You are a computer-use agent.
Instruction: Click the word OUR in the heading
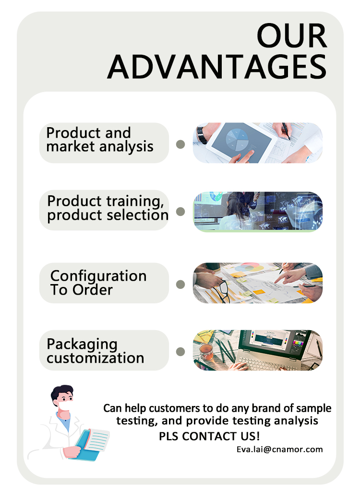click(292, 36)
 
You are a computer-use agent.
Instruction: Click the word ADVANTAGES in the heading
click(217, 67)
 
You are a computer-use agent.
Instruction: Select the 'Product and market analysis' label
click(100, 140)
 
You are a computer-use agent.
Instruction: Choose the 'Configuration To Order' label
click(98, 283)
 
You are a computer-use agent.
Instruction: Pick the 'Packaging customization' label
click(95, 351)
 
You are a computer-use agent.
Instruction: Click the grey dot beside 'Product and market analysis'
click(180, 144)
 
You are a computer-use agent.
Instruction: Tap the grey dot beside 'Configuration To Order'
click(180, 284)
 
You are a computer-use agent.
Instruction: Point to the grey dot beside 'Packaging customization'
click(180, 351)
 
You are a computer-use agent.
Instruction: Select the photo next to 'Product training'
click(258, 212)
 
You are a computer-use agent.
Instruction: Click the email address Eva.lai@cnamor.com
click(279, 450)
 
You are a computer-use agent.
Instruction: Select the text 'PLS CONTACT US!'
click(210, 436)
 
